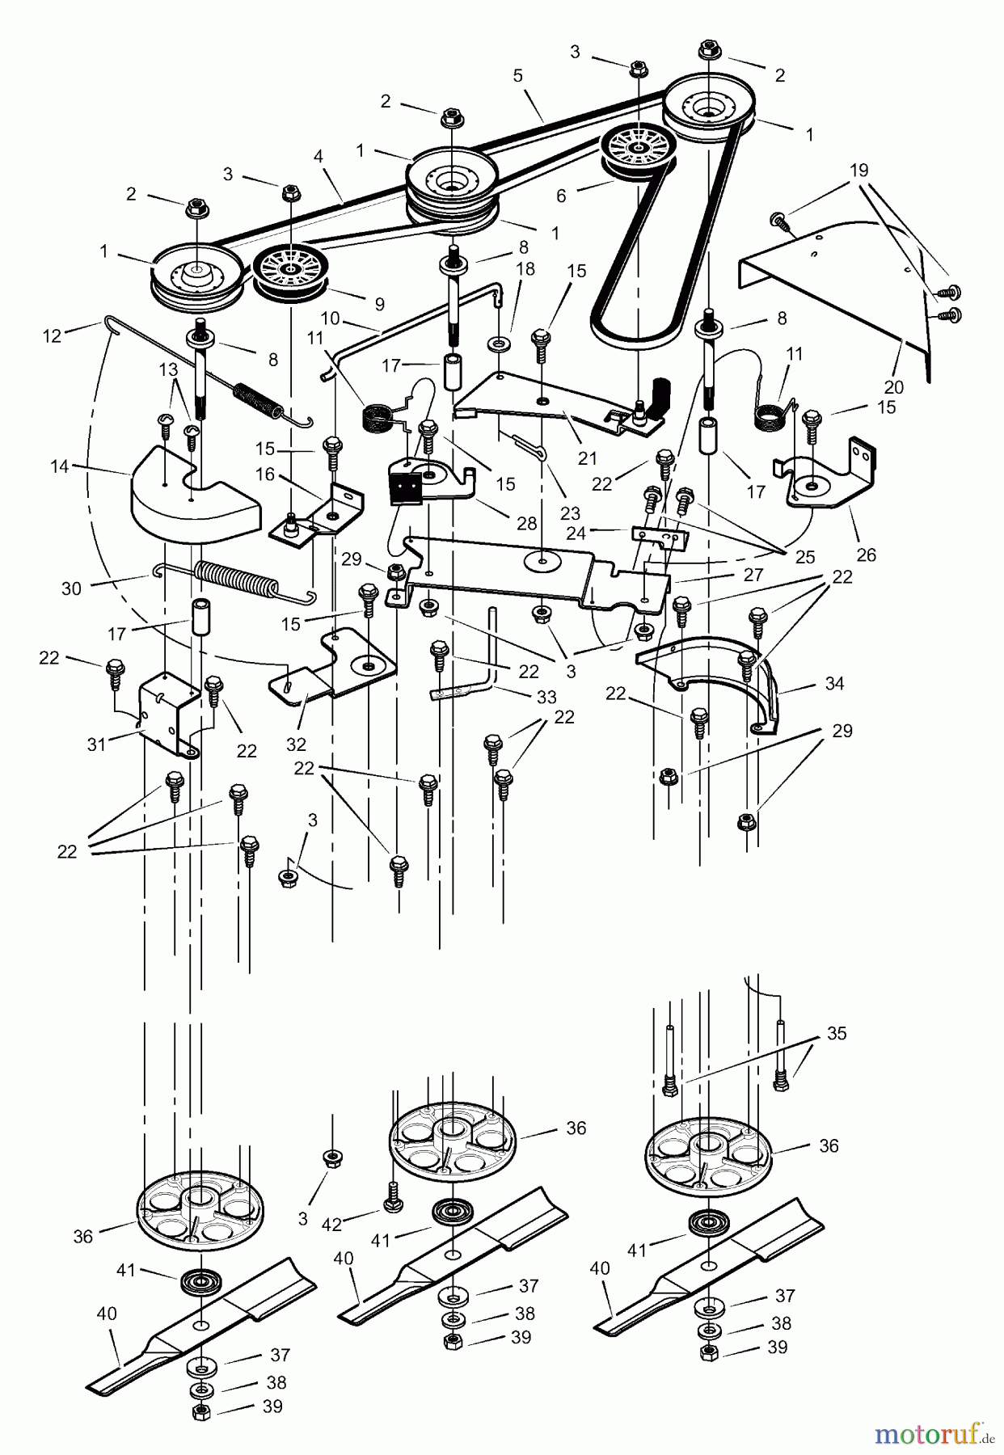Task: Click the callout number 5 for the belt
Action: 517,75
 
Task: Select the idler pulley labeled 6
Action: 638,151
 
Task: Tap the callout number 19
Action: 858,170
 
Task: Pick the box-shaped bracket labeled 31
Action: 168,715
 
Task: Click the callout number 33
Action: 546,696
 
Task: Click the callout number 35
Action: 836,1034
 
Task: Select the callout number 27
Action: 753,575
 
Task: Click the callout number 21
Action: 588,458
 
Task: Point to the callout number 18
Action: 525,269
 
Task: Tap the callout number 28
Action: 526,523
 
